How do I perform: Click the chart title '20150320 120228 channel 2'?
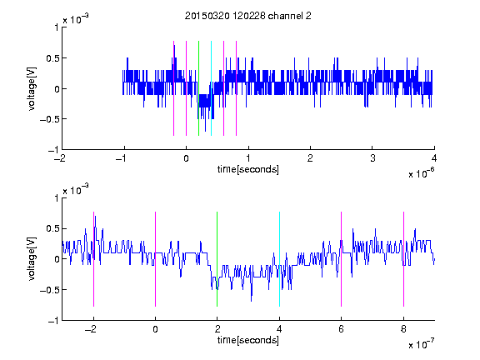[x=248, y=16]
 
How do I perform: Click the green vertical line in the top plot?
[x=198, y=88]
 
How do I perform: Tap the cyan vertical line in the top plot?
[x=211, y=88]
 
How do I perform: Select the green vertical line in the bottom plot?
[x=217, y=259]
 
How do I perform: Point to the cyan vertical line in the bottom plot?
[x=279, y=259]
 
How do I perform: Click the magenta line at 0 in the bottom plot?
[x=155, y=259]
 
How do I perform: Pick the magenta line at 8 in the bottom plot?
[x=403, y=259]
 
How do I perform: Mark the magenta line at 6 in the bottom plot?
[x=341, y=259]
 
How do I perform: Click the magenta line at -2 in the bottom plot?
[x=93, y=259]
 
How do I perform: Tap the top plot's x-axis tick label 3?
[x=372, y=158]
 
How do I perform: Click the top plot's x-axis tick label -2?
[x=60, y=158]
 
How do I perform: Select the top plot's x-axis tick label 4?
[x=434, y=158]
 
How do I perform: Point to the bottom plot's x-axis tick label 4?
[x=279, y=329]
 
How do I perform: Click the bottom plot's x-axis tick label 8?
[x=403, y=329]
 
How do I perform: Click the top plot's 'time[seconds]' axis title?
[x=248, y=169]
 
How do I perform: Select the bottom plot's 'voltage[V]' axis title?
[x=32, y=259]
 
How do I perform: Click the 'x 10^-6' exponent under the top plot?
[x=421, y=173]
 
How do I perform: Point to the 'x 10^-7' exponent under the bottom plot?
[x=421, y=344]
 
